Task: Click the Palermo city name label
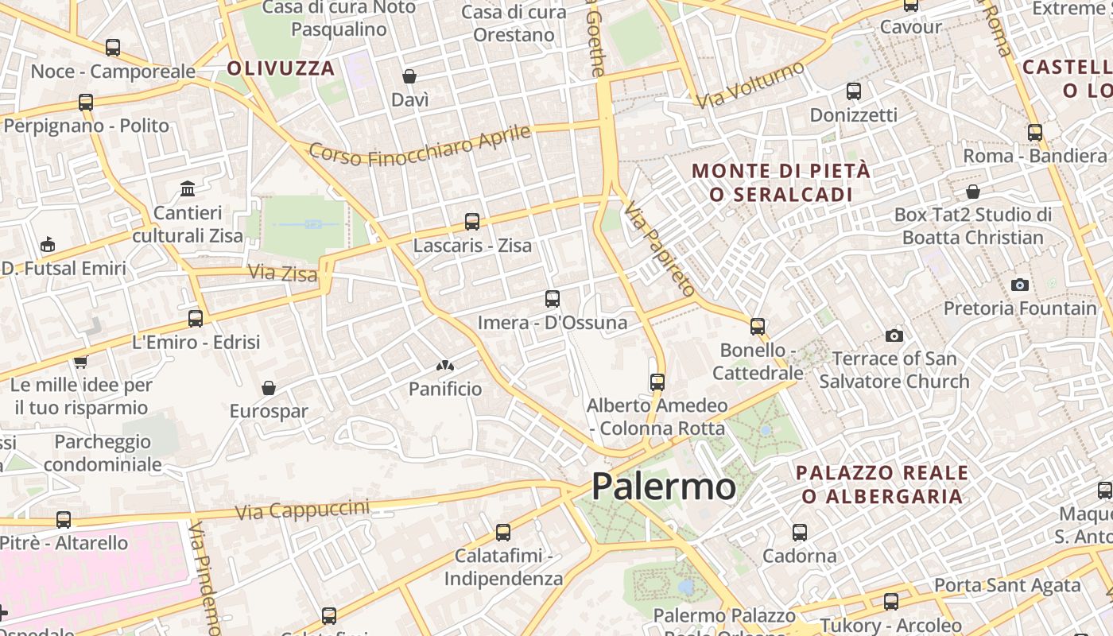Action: [x=664, y=486]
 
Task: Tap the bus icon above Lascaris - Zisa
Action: [x=472, y=222]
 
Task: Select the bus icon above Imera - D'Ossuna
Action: [x=553, y=299]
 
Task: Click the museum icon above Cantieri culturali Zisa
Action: [x=188, y=189]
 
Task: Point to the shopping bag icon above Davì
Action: [x=409, y=76]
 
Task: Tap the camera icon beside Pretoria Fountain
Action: [x=1020, y=285]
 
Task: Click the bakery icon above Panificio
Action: [x=445, y=366]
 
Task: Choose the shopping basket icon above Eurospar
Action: [x=269, y=388]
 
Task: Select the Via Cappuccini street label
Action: [x=303, y=510]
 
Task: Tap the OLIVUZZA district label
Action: [x=281, y=68]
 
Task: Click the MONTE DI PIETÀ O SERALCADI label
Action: [x=781, y=182]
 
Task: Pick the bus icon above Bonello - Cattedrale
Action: [x=758, y=326]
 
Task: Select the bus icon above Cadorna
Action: [x=800, y=533]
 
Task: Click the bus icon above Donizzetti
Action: [x=854, y=91]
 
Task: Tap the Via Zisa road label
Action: [x=282, y=273]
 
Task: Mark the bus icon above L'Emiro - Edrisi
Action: [x=196, y=319]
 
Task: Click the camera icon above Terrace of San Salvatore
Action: [x=894, y=335]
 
